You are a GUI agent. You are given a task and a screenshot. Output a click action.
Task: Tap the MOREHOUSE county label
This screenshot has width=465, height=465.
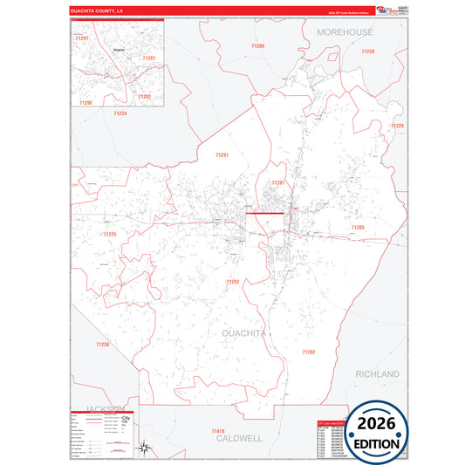(x=345, y=32)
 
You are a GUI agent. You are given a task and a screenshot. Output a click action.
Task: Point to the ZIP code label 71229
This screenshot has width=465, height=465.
(x=397, y=127)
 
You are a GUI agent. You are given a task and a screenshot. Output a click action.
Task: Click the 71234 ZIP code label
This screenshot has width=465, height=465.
(x=120, y=113)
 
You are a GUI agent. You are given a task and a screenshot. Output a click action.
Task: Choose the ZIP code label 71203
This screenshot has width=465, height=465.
(x=358, y=227)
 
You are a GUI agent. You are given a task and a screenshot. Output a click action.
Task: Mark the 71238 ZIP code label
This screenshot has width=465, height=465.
(x=103, y=345)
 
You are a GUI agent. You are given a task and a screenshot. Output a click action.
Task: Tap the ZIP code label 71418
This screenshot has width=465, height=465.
(x=218, y=432)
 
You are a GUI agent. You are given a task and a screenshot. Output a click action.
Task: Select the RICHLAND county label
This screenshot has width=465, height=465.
(x=377, y=373)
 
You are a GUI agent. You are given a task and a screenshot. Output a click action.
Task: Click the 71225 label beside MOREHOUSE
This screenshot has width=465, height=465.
(x=367, y=52)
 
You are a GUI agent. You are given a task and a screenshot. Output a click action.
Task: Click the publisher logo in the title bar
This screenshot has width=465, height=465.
(x=386, y=10)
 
